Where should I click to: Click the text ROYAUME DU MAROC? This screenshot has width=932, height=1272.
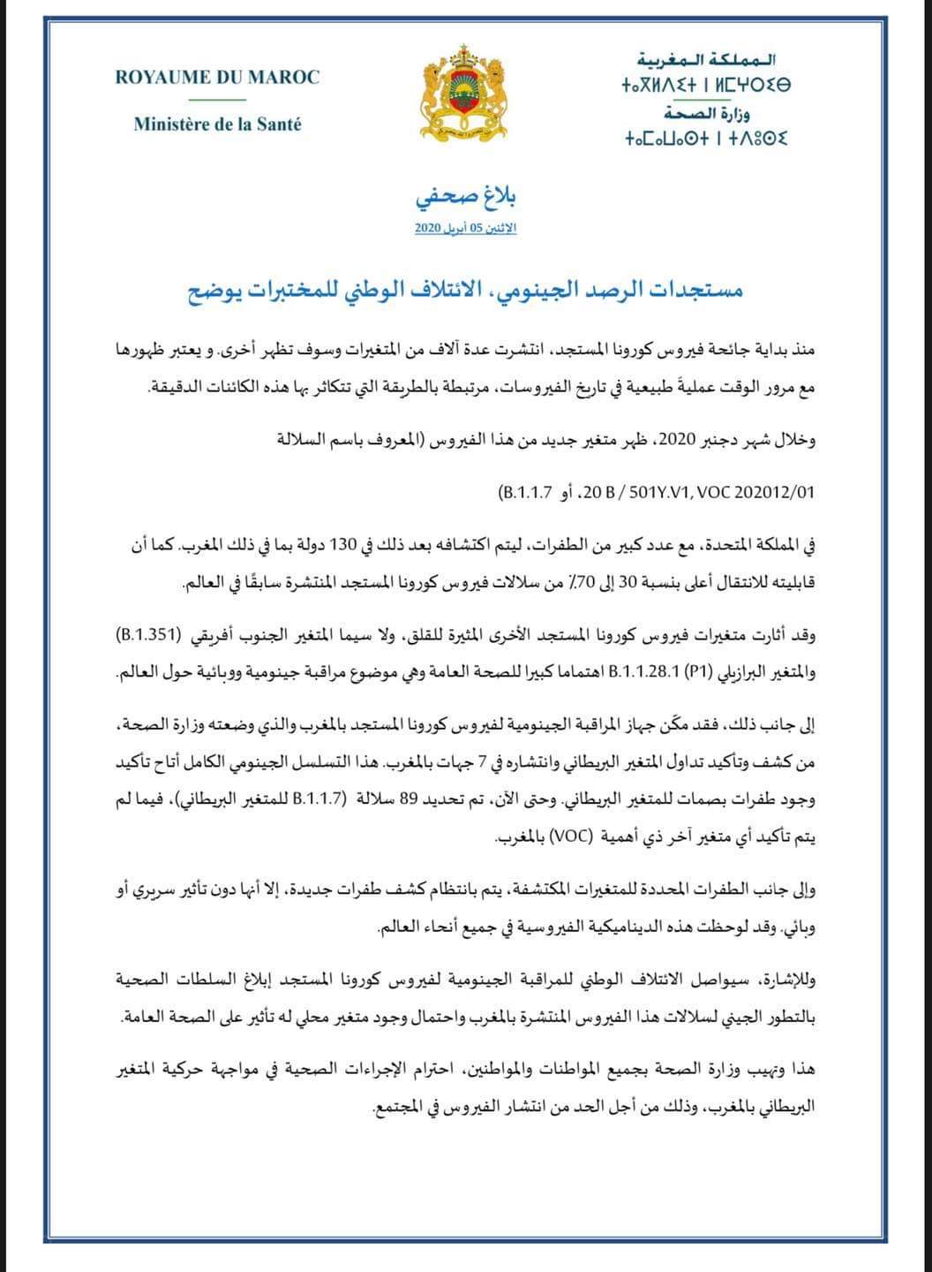[x=217, y=78]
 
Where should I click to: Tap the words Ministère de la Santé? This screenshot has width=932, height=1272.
[x=217, y=125]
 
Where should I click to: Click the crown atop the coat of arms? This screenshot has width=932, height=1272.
[x=467, y=56]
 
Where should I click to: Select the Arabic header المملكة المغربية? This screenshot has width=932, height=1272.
[x=711, y=61]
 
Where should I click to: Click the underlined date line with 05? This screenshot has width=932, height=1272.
[x=465, y=229]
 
